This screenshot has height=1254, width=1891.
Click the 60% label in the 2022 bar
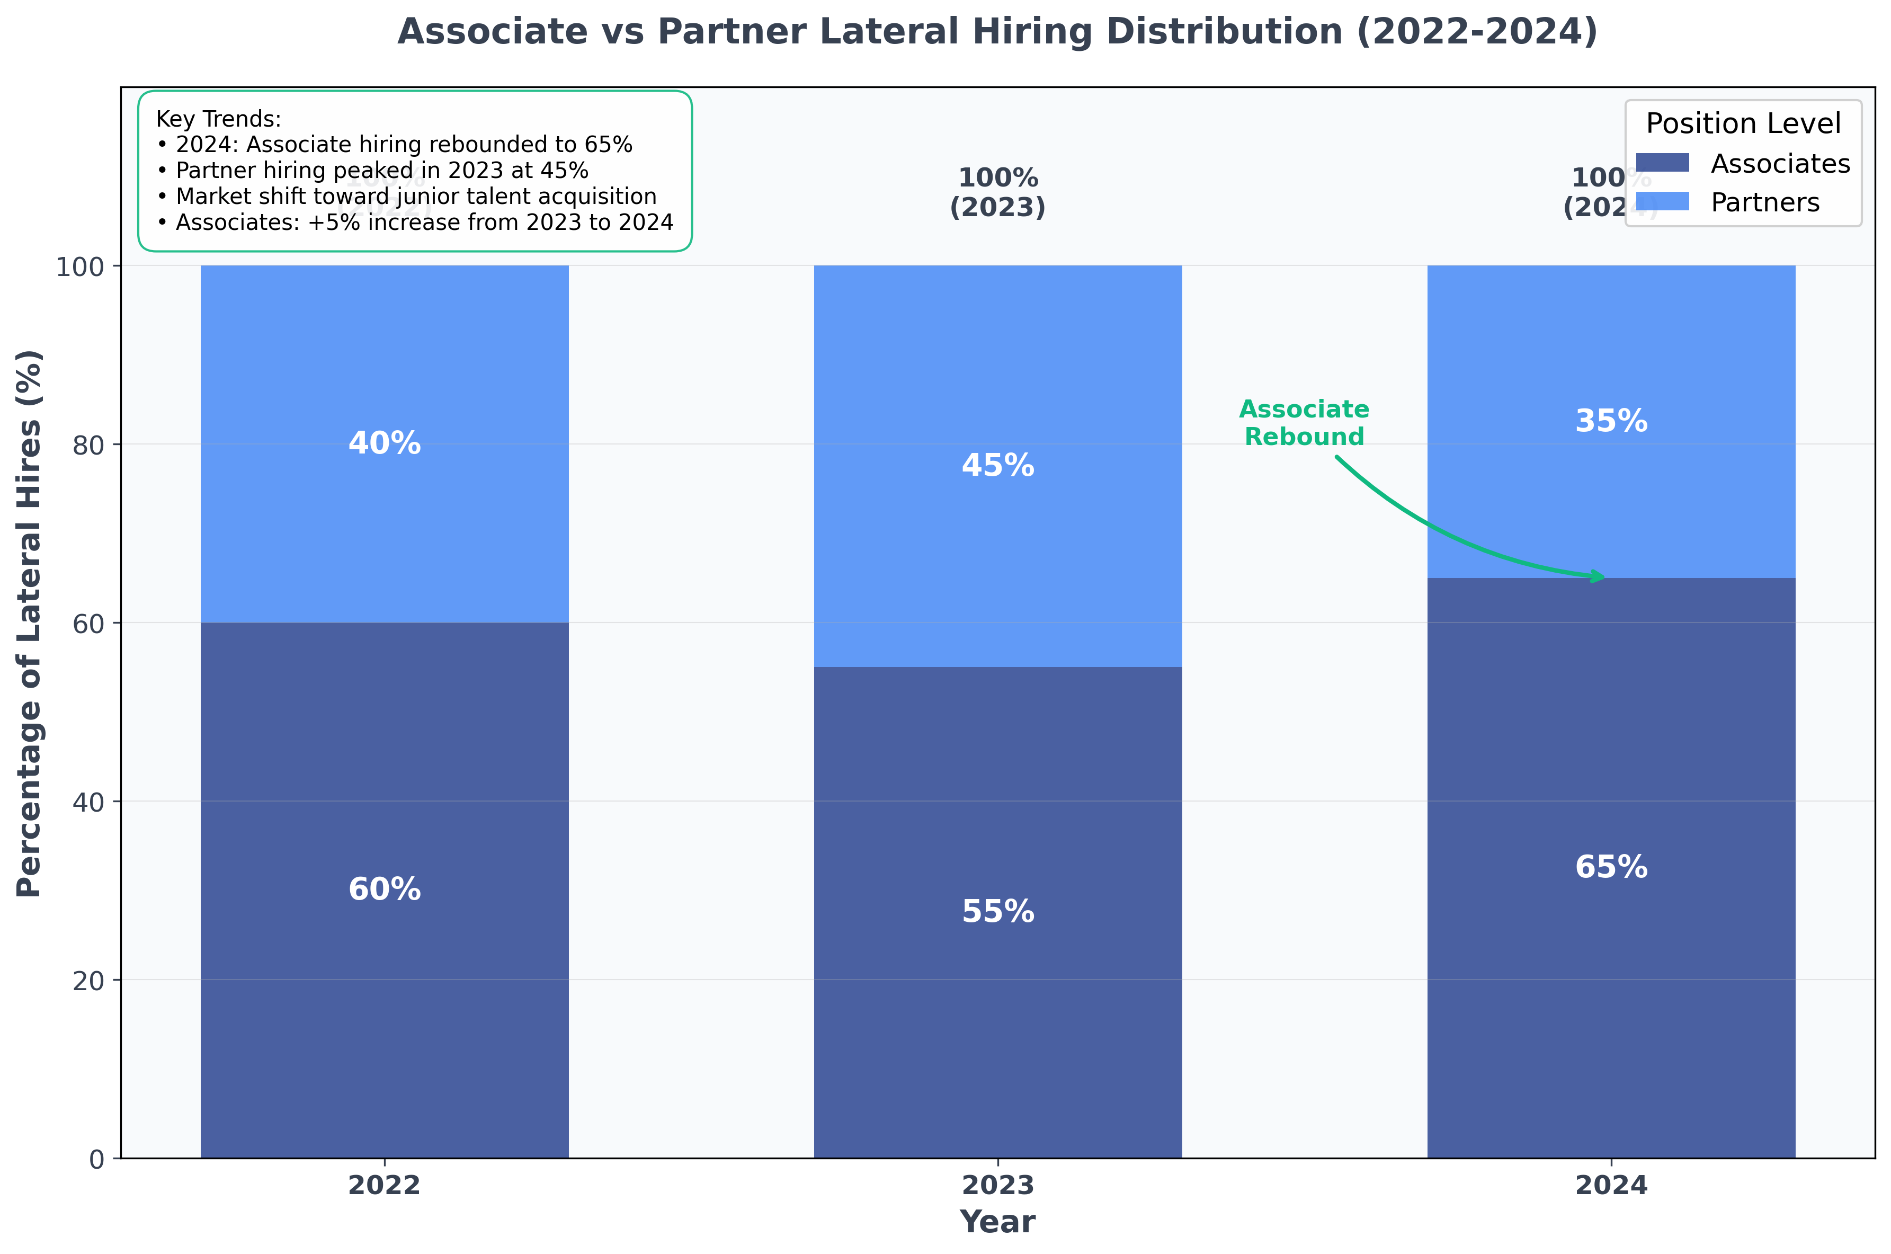[384, 890]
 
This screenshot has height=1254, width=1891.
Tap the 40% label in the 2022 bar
[384, 443]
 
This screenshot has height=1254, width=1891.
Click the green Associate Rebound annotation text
[1304, 423]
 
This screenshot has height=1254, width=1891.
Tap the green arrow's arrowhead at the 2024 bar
[1598, 576]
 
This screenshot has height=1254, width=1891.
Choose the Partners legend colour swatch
[1662, 201]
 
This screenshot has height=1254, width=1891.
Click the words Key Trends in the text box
[218, 119]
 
